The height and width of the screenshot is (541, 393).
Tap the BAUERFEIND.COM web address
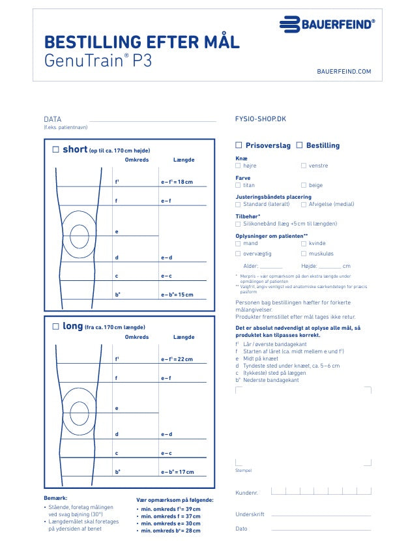343,71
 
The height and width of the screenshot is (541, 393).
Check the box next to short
56,150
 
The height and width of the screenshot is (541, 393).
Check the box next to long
56,327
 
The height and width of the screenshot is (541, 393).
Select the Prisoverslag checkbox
239,145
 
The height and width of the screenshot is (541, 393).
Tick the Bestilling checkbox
300,145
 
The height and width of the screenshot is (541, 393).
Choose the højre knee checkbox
238,166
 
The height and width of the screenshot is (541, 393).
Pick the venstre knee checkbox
304,166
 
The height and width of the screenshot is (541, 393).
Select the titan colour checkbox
238,185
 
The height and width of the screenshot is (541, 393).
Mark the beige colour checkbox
304,185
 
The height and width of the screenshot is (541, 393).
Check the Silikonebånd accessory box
238,224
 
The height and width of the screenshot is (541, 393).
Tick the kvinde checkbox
304,243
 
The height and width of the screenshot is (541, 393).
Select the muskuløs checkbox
304,253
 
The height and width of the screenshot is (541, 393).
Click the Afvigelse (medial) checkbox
304,204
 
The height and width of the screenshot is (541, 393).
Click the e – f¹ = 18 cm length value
177,182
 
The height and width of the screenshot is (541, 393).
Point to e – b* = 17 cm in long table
177,472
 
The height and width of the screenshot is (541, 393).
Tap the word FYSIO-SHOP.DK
261,119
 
